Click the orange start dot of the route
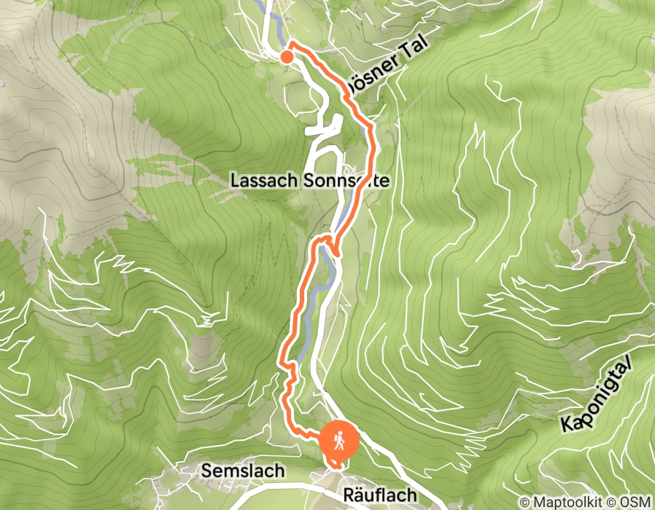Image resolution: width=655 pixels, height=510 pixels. (x=287, y=56)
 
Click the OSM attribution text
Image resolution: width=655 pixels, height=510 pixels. (x=637, y=502)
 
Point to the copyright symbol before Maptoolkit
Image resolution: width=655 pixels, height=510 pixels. (x=524, y=502)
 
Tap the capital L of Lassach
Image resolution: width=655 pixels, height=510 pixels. (x=235, y=179)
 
